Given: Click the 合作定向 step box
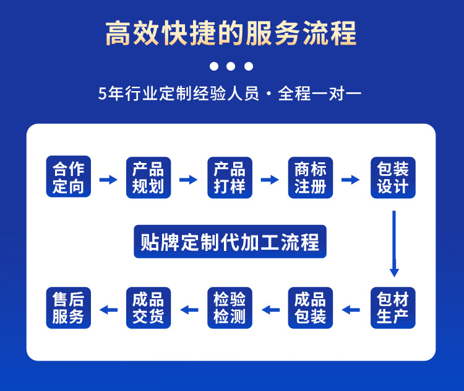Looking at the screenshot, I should coord(68,178).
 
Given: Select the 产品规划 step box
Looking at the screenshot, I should coord(148,178).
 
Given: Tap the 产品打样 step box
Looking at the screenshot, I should coord(230,178).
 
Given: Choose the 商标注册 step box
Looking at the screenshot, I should coord(311,178).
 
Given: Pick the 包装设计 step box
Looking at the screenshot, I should coord(393,178).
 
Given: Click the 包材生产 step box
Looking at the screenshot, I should coord(393,308).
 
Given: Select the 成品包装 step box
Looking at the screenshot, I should coord(311,308).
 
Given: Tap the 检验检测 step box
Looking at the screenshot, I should coord(230,308).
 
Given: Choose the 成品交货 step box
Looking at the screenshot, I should coord(148,308).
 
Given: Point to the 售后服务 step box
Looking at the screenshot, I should coord(68,308).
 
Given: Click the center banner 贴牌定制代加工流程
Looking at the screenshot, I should coord(230,242).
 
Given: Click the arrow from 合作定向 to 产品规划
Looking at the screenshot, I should coord(108,180).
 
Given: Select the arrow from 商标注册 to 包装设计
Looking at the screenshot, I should coord(351,180).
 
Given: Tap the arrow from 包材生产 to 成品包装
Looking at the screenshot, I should coord(351,309).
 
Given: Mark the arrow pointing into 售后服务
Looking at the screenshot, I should coord(109,309).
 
